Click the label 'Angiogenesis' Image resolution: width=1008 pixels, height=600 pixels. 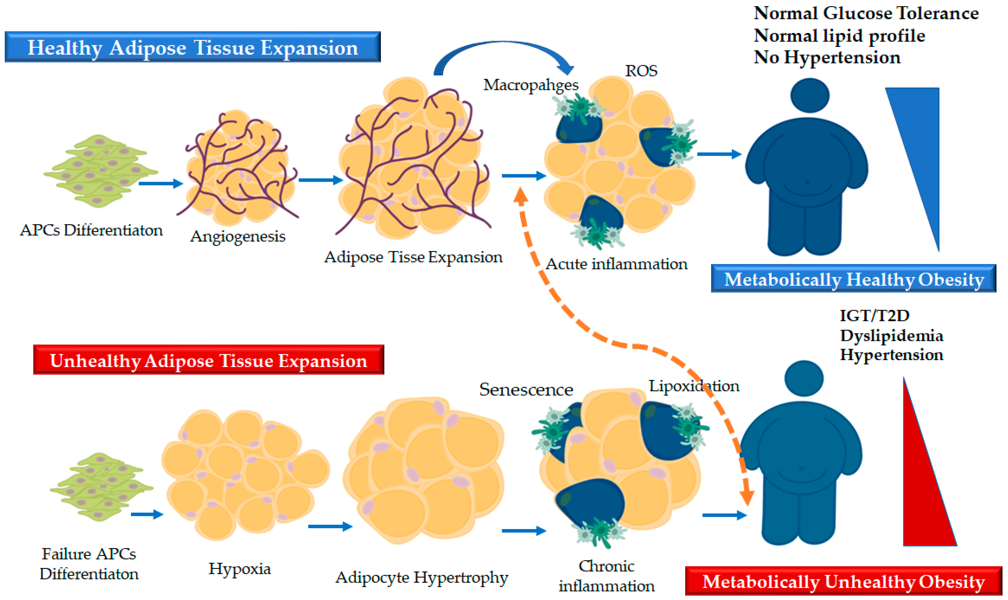coord(238,236)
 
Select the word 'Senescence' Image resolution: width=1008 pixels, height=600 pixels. coord(526,389)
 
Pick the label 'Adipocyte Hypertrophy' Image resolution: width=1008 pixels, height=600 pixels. coord(422,577)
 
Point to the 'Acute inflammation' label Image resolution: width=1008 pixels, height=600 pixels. coord(616,264)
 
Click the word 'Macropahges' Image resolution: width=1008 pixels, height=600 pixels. coord(531,85)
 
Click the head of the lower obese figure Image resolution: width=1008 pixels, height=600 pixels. coord(804,379)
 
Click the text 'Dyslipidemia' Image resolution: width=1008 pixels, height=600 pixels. coord(892,335)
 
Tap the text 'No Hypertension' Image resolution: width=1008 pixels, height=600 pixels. coord(827,57)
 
